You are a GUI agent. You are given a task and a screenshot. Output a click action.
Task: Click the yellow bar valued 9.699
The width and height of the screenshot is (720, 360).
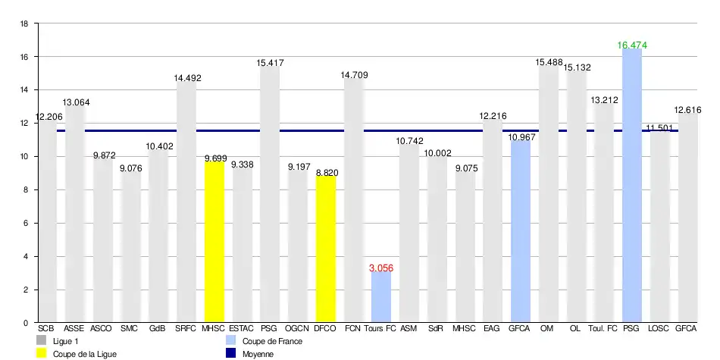[214, 243]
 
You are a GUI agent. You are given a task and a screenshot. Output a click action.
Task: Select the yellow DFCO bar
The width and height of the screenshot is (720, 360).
[326, 250]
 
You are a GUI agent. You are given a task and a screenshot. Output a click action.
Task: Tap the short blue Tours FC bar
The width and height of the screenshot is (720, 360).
[381, 297]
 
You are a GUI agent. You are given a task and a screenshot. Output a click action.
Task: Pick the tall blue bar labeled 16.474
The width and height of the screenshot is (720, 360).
[632, 186]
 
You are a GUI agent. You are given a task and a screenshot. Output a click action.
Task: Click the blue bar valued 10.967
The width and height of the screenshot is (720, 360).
[521, 231]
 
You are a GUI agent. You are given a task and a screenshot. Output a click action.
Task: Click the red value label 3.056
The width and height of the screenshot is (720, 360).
[381, 268]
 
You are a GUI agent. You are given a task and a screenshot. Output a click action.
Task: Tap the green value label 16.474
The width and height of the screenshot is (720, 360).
[632, 45]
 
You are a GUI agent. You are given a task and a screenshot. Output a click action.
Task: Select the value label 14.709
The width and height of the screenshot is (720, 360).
[354, 74]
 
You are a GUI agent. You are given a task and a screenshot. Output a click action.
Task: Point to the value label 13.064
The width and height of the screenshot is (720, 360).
[76, 102]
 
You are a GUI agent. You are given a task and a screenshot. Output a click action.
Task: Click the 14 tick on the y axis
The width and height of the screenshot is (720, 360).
[23, 90]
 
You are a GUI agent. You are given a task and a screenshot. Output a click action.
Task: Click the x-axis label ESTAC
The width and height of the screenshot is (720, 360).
[242, 329]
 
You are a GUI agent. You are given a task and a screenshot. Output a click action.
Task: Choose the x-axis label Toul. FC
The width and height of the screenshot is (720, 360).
[603, 329]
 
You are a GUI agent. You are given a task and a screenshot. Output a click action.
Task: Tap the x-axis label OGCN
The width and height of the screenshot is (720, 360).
[297, 329]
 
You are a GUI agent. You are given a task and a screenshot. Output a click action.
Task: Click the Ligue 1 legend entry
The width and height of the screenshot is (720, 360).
[64, 342]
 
